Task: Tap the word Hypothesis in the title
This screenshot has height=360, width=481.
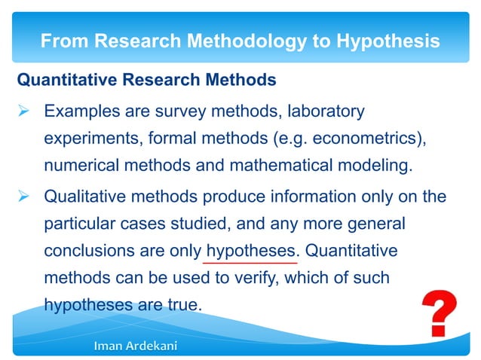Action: [382, 41]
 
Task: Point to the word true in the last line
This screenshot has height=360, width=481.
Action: [181, 306]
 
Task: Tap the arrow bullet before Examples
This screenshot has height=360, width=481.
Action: [23, 112]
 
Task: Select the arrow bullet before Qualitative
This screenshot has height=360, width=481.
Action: [23, 197]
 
